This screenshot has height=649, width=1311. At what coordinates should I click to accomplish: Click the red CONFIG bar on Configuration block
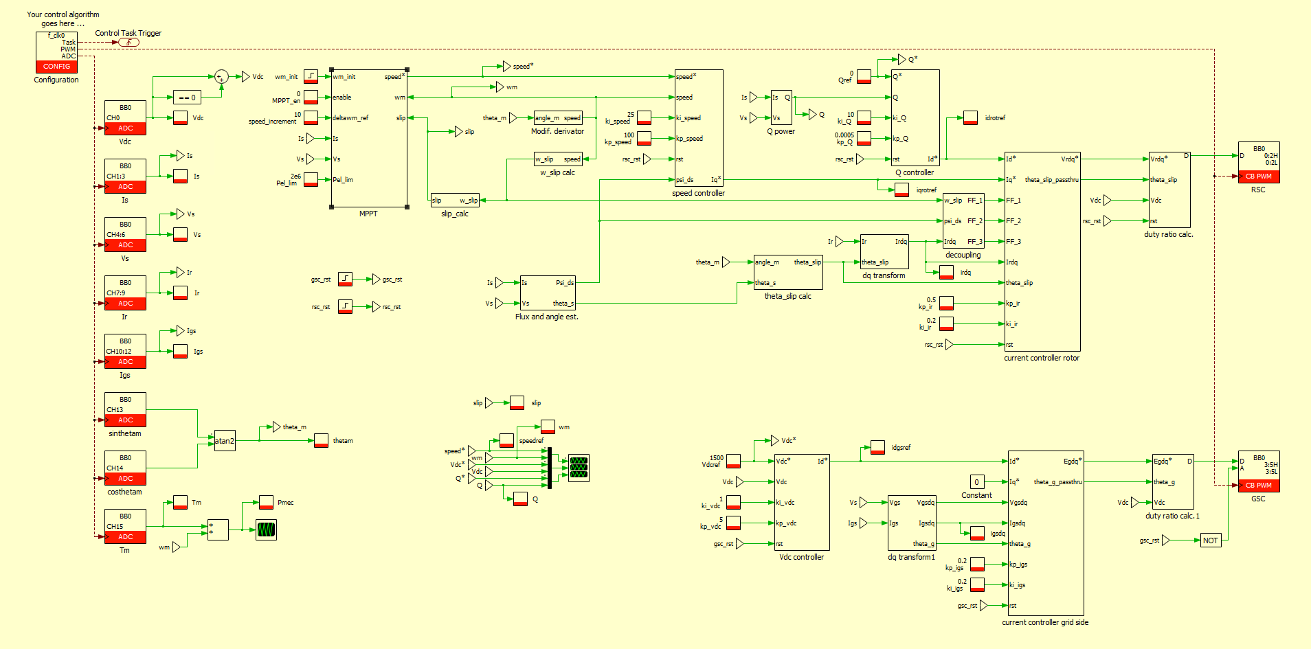point(56,67)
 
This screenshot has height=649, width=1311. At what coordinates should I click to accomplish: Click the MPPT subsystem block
point(369,137)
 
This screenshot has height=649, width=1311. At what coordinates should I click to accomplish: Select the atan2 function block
point(225,441)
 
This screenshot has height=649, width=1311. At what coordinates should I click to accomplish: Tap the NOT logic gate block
point(1210,540)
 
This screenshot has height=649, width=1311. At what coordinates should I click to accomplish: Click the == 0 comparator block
point(187,98)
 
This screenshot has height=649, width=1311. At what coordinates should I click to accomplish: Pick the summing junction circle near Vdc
point(221,77)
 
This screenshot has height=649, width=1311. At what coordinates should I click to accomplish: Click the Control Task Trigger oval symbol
point(128,43)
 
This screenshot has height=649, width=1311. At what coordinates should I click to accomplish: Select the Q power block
point(781,108)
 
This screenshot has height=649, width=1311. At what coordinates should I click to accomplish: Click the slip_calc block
point(455,200)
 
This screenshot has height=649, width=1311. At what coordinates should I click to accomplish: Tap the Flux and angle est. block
point(547,293)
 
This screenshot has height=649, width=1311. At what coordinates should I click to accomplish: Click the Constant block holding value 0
point(976,482)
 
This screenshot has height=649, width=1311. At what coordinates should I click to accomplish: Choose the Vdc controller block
point(801,502)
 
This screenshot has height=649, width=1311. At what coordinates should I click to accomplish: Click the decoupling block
point(963,220)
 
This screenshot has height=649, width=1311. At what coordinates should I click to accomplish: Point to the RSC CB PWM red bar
point(1258,177)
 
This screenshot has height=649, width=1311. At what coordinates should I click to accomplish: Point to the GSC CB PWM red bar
point(1258,486)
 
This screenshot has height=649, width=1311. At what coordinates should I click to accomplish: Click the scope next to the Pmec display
point(266,530)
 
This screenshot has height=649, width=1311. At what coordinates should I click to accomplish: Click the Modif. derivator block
point(557,118)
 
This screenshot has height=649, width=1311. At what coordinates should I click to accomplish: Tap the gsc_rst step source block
point(345,280)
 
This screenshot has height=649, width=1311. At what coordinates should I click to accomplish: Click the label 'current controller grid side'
point(1044,623)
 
